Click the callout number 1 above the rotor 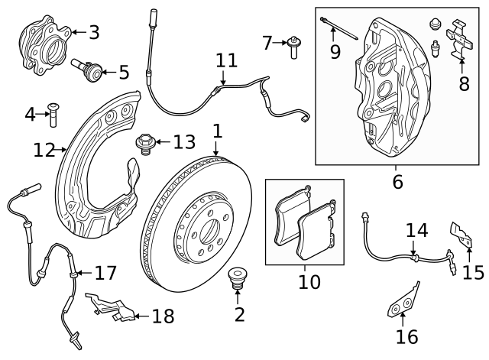point(217,131)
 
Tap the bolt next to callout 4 point(52,115)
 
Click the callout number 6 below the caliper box point(397,182)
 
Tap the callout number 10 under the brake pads point(309,281)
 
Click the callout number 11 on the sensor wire point(226,60)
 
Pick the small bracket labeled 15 point(459,236)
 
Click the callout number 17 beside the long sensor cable point(105,271)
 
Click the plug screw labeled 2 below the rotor point(238,281)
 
